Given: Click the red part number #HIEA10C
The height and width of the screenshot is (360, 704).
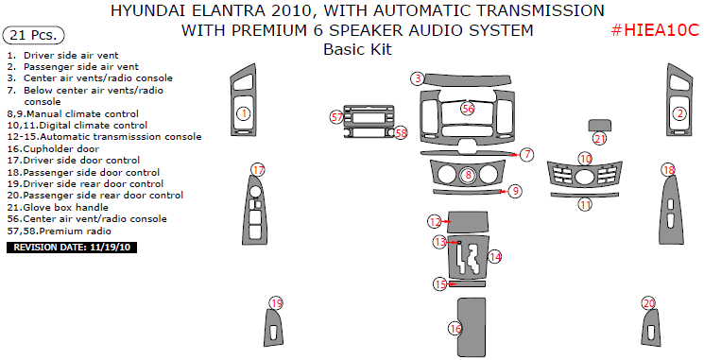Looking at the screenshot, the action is click(x=656, y=30).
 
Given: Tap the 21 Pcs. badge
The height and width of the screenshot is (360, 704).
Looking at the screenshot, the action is click(x=34, y=35).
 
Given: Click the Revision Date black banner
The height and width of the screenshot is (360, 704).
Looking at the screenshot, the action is click(x=72, y=248).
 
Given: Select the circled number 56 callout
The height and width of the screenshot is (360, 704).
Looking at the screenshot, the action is click(x=468, y=108).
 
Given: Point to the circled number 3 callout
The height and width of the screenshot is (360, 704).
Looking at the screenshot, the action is click(x=418, y=79).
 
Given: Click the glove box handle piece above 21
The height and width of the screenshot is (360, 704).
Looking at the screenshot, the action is click(x=600, y=126).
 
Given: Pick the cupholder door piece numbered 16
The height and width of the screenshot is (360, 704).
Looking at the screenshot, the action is click(x=472, y=326).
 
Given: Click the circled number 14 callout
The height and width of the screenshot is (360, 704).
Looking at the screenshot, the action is click(x=494, y=257).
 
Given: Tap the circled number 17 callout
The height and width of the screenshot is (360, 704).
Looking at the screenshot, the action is click(x=258, y=170).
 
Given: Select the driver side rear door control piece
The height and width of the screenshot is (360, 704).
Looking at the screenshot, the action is click(x=273, y=329).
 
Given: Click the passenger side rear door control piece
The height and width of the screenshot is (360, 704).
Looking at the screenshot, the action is click(x=651, y=329).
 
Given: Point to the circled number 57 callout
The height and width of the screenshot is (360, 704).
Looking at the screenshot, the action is click(x=336, y=117).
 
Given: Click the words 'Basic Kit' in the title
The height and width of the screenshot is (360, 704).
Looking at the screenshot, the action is click(x=357, y=49).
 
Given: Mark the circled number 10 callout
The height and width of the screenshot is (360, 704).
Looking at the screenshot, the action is click(x=585, y=159).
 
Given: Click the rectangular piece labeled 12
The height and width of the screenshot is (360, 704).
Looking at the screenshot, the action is click(x=468, y=220).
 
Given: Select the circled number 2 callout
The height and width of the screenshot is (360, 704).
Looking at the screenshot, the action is click(x=679, y=113).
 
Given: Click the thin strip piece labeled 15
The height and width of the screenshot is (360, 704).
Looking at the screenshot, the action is click(x=467, y=283).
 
